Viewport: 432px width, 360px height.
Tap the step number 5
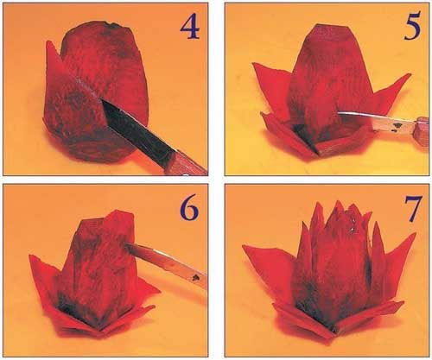(x=412, y=26)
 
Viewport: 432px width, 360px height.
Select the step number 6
(x=189, y=207)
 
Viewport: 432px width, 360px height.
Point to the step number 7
(x=413, y=208)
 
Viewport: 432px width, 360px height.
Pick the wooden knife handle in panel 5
(x=422, y=130)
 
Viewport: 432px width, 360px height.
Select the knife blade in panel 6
(x=167, y=263)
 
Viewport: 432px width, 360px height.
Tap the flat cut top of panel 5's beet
(x=331, y=31)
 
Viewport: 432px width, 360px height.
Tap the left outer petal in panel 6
(x=46, y=276)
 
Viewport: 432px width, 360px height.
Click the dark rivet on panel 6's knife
(x=196, y=277)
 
